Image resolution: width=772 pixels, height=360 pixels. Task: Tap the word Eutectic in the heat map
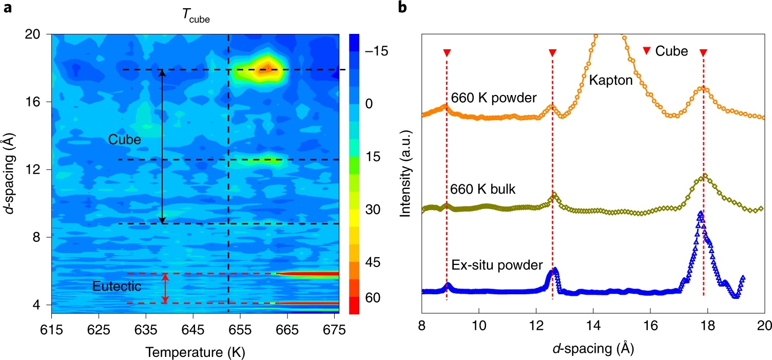(117, 287)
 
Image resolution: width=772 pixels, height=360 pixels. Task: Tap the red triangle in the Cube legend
(647, 50)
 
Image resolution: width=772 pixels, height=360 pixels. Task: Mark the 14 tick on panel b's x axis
(593, 327)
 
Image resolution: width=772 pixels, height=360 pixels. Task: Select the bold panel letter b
(403, 8)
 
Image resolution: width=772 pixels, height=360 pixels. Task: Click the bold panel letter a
(8, 9)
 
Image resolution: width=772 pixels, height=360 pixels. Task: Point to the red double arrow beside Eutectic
(165, 288)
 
